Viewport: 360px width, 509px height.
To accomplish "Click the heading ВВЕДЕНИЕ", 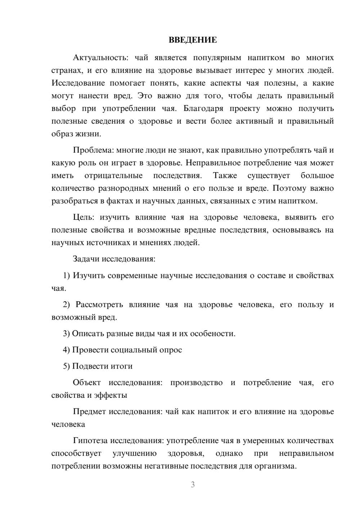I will click(x=193, y=40).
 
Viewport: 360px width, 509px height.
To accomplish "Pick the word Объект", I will click(x=87, y=382).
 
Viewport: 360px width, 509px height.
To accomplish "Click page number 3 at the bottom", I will click(x=193, y=485).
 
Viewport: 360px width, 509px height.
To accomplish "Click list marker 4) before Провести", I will click(x=67, y=350).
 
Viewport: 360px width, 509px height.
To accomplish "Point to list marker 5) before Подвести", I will click(x=67, y=366).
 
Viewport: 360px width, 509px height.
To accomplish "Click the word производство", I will click(x=197, y=382).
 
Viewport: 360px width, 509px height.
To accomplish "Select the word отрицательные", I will click(x=113, y=175).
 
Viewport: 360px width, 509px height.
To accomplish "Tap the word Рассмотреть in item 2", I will click(x=99, y=304).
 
